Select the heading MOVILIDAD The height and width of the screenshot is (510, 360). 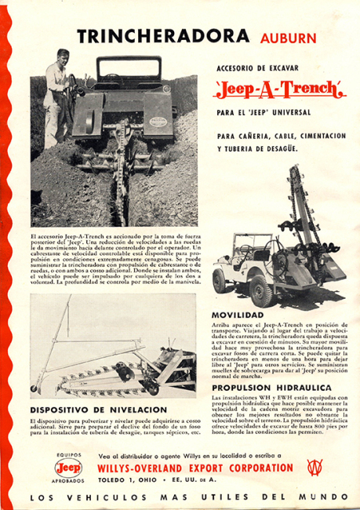(236, 314)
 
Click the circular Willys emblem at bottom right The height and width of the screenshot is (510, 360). (316, 469)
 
